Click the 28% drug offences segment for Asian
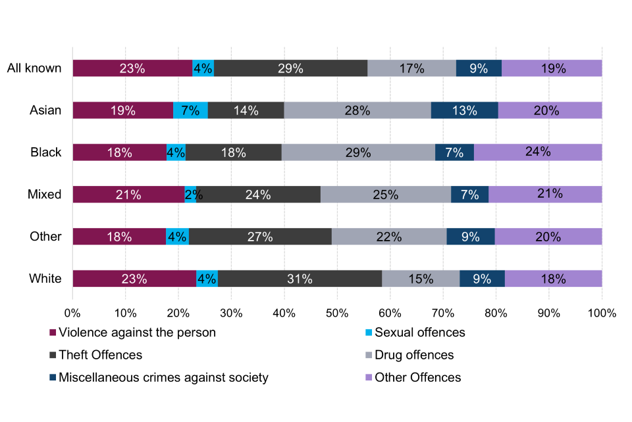[x=357, y=110]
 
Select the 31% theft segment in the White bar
[x=300, y=279]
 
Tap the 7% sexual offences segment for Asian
[x=190, y=110]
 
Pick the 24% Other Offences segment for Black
[x=538, y=152]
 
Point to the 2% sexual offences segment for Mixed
[x=190, y=195]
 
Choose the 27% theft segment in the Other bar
[x=260, y=237]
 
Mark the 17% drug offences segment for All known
[x=411, y=68]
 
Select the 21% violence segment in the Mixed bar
[x=128, y=195]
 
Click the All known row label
[x=34, y=68]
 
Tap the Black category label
[x=46, y=152]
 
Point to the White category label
[x=45, y=279]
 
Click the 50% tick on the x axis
[x=337, y=313]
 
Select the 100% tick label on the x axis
[x=602, y=313]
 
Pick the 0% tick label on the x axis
[x=72, y=313]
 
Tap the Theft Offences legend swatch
[x=53, y=355]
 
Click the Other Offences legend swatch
[x=369, y=378]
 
